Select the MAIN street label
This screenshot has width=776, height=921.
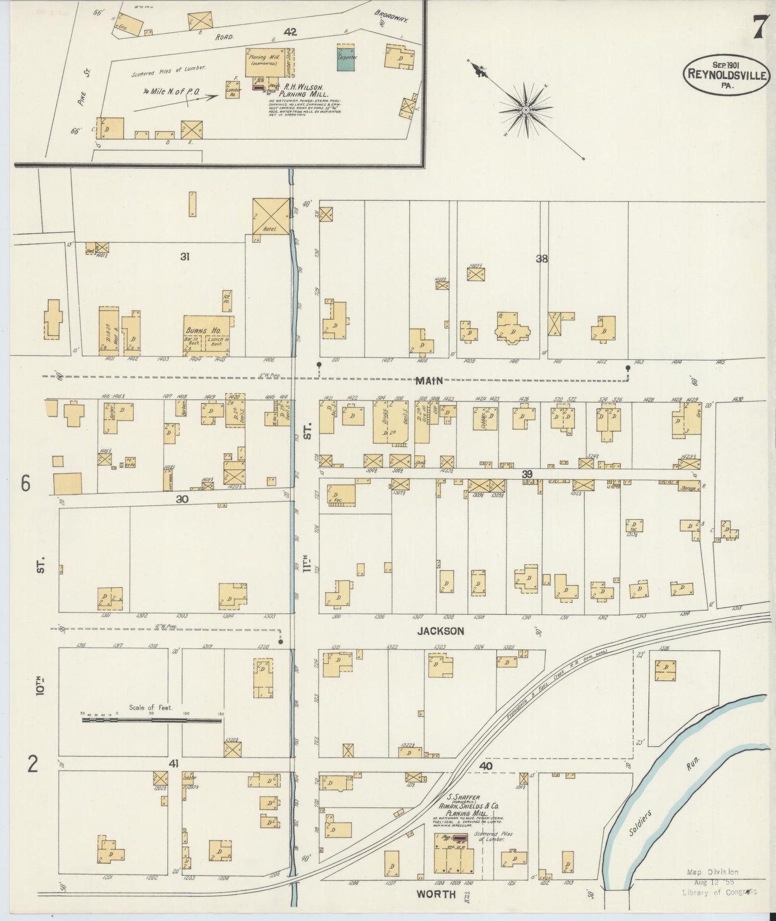(x=429, y=380)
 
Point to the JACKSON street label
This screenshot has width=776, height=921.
(x=440, y=631)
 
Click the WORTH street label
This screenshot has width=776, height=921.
(x=436, y=894)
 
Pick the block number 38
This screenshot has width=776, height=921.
(x=541, y=258)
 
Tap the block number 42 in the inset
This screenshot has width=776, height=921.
(x=291, y=33)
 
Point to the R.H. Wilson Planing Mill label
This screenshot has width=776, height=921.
(x=303, y=89)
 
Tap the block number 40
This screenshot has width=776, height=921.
(x=486, y=766)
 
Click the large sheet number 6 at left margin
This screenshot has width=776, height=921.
(x=26, y=484)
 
